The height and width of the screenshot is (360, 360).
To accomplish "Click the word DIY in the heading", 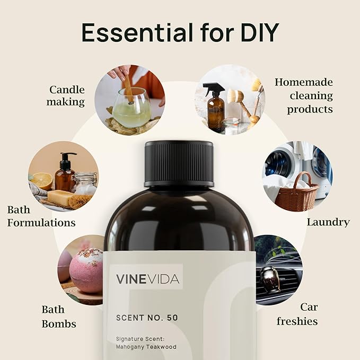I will tap(254, 33).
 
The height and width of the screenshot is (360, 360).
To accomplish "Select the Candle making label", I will tap(67, 95).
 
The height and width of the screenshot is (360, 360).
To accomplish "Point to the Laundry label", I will tap(328, 222).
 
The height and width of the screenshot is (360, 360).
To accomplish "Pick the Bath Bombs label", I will tap(59, 316).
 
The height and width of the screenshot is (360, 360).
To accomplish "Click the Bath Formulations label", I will tap(41, 215).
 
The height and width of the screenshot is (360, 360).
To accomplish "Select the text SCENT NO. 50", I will tap(146, 318).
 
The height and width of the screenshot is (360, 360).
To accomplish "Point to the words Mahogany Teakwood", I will tap(146, 347).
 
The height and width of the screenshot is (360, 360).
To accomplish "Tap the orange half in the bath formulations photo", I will tap(41, 182).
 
